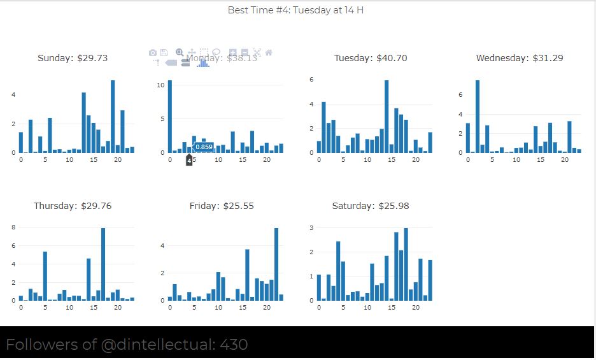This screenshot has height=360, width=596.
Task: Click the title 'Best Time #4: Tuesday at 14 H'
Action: [295, 10]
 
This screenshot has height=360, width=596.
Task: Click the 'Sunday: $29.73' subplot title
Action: [73, 58]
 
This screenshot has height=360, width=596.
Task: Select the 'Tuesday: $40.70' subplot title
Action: [371, 58]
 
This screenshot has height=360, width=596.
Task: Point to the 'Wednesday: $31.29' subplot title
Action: [520, 58]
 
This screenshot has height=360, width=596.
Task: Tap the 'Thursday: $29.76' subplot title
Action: [72, 206]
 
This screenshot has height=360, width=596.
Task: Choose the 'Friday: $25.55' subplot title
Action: [222, 206]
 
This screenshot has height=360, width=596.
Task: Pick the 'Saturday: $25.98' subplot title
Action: [371, 206]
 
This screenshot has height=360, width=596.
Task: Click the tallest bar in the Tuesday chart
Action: [387, 117]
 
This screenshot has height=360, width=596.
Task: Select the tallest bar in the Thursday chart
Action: [103, 264]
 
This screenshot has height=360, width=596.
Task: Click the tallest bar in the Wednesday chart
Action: [478, 117]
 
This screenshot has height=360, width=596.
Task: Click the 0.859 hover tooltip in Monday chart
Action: [204, 147]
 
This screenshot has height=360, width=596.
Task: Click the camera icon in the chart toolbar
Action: [153, 53]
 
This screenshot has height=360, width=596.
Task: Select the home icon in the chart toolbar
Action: [269, 53]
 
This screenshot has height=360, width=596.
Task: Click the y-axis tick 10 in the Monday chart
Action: [161, 84]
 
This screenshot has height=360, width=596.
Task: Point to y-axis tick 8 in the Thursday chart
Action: [13, 227]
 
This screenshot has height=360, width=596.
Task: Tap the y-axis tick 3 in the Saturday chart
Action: [311, 227]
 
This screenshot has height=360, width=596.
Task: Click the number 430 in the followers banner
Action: [234, 345]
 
